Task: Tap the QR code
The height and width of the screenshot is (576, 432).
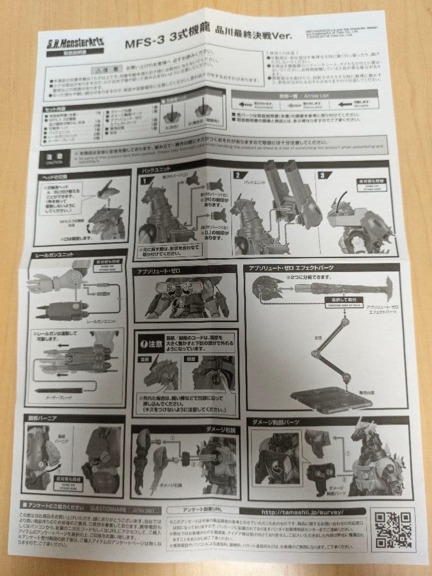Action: [392, 530]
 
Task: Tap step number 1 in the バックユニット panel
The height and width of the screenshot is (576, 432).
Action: [144, 180]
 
